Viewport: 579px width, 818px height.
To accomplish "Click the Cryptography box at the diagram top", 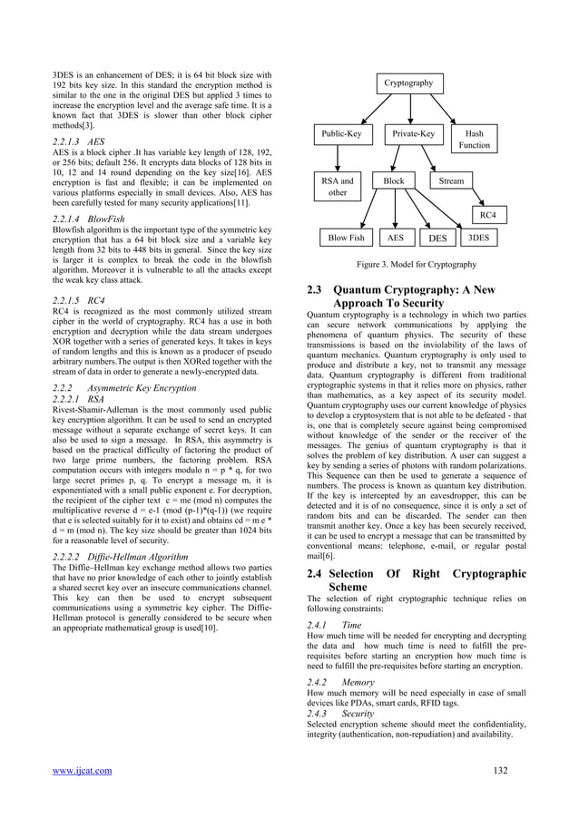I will pos(407,83).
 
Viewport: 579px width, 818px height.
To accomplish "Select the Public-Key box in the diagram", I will pos(341,135).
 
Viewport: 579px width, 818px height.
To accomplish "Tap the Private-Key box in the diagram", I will pos(413,135).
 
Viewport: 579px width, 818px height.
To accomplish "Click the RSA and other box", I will pos(338,187).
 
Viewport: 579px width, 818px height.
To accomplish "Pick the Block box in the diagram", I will pos(394,181).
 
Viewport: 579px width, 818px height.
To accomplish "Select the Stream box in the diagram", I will pos(451,181).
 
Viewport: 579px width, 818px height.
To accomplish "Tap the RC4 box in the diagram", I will pos(486,214).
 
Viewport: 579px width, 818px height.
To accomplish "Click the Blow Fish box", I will pos(346,239).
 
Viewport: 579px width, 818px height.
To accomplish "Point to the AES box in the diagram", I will pos(396,239).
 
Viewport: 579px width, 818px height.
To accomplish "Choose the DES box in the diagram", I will pos(437,239).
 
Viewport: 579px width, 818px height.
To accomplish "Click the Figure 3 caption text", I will pos(417,265).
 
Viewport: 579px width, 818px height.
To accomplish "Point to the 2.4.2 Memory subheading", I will pos(338,681).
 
